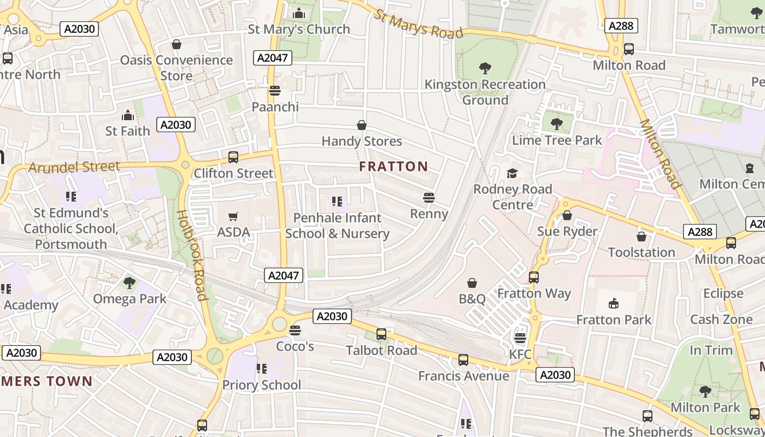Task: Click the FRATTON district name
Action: pos(393,167)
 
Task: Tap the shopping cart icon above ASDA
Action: pos(233,216)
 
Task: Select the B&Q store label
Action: pos(472,299)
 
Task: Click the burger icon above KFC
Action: pos(520,338)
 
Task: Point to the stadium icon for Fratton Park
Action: pos(614,304)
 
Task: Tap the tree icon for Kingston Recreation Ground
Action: pos(485,68)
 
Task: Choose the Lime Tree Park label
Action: pos(556,140)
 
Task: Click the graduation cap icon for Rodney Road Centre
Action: pos(512,173)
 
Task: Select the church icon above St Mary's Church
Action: pos(299,13)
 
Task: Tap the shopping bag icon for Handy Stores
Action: pos(361,126)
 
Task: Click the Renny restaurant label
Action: pos(429,214)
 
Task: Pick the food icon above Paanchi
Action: pos(275,91)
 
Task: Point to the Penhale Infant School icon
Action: pos(337,202)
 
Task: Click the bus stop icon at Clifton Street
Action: pos(233,157)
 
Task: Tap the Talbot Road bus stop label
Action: pos(381,350)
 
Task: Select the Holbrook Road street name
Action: pos(192,255)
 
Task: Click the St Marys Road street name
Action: pos(419,24)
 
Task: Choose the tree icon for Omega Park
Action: pos(130,283)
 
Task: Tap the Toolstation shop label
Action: pos(642,252)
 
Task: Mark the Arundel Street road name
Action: pos(74,167)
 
